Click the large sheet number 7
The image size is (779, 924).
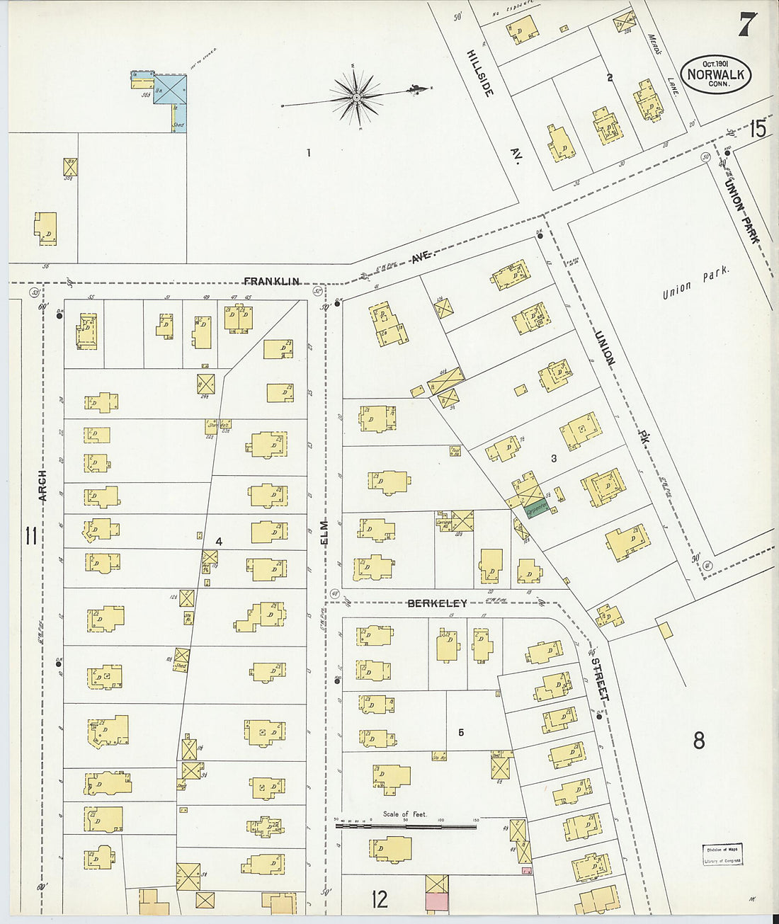pyautogui.click(x=747, y=25)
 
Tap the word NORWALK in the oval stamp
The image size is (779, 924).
pyautogui.click(x=715, y=74)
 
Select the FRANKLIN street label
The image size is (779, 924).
pyautogui.click(x=272, y=281)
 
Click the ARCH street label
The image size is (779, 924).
pyautogui.click(x=42, y=486)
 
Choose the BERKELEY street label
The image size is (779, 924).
pyautogui.click(x=437, y=603)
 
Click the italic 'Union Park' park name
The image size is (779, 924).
pyautogui.click(x=695, y=283)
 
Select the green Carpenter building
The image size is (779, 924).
pyautogui.click(x=536, y=508)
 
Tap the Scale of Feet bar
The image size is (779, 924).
pyautogui.click(x=406, y=825)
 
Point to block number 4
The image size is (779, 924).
pyautogui.click(x=219, y=542)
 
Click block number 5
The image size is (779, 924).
pyautogui.click(x=461, y=732)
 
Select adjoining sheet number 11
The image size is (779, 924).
pyautogui.click(x=30, y=536)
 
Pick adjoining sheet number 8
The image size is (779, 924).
pyautogui.click(x=698, y=741)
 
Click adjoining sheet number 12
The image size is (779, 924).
pyautogui.click(x=380, y=899)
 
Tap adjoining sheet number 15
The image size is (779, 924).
pyautogui.click(x=758, y=129)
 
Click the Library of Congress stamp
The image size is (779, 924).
pyautogui.click(x=722, y=855)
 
